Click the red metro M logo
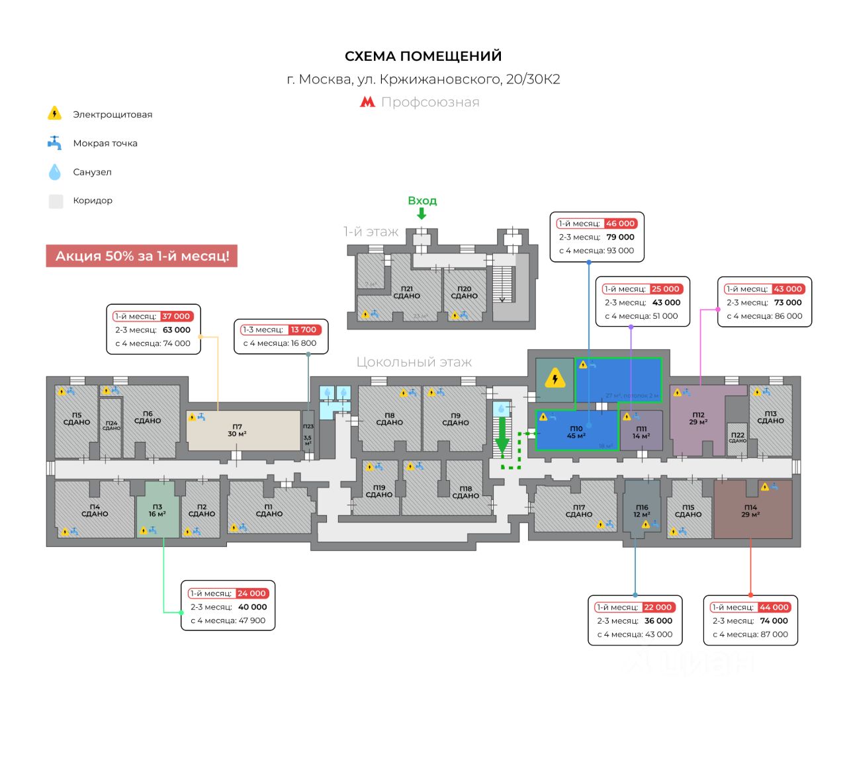(367, 102)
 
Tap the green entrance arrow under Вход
(422, 214)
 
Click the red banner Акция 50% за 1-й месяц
(142, 256)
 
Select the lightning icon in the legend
(55, 113)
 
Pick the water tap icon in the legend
(55, 143)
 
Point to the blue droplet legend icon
(55, 172)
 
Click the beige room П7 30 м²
(242, 431)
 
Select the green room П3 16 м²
(157, 510)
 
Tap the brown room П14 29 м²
(752, 511)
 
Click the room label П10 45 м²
(576, 433)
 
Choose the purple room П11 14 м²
(641, 432)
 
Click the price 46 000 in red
(620, 224)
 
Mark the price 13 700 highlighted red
(304, 329)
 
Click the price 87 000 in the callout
(774, 634)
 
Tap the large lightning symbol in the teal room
(555, 380)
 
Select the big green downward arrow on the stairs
(502, 438)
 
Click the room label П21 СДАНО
(406, 292)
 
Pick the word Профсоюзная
(430, 102)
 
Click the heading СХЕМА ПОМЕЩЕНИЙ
(423, 56)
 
